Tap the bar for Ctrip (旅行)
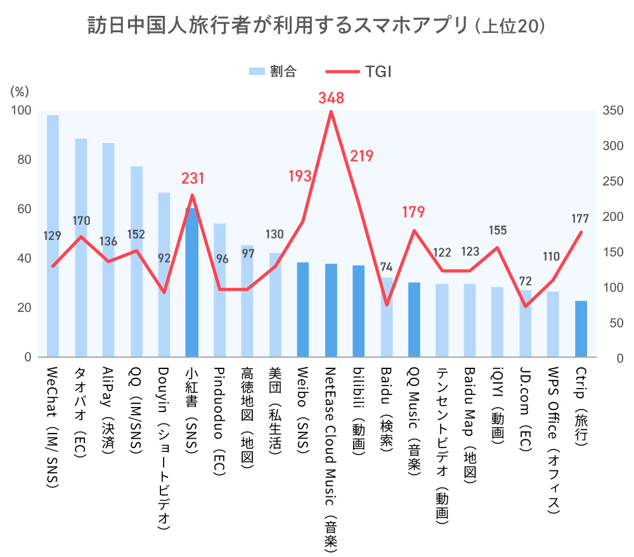(x=581, y=329)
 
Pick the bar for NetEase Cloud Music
(x=331, y=310)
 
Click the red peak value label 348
(x=331, y=98)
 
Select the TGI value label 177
(x=580, y=218)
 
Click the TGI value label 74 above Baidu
(x=386, y=266)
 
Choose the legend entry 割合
(x=273, y=71)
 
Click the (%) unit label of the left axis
(x=20, y=91)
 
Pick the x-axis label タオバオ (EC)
(x=81, y=404)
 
